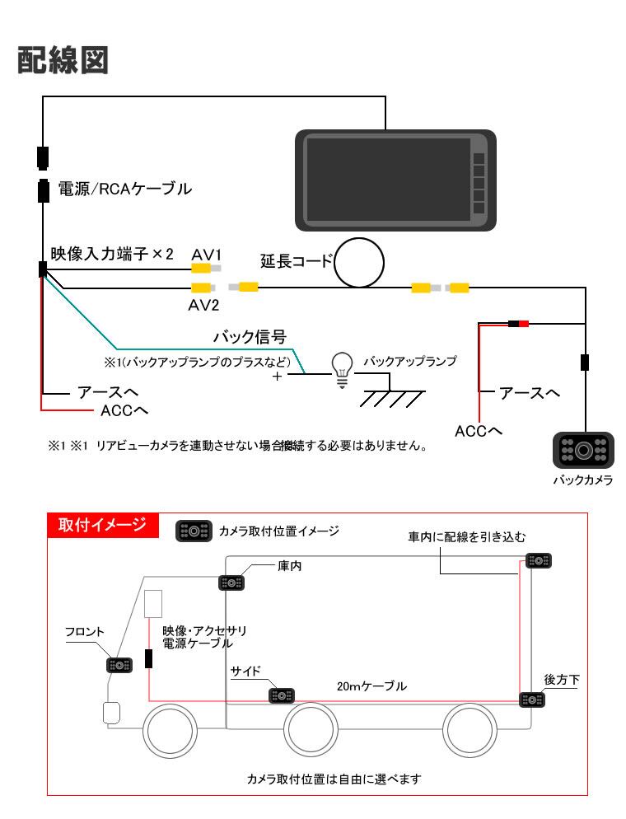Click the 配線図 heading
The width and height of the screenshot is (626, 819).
(x=63, y=60)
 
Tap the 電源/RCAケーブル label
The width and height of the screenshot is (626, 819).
(x=124, y=190)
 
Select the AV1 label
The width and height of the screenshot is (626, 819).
(x=208, y=253)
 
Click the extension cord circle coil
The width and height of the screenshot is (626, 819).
(x=360, y=263)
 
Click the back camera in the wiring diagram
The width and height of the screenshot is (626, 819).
(x=582, y=450)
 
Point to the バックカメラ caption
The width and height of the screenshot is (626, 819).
(x=582, y=480)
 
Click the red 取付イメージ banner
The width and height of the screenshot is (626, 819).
(x=102, y=525)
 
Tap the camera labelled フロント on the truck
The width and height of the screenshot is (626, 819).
(x=120, y=665)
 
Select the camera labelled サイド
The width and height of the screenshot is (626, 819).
(x=283, y=695)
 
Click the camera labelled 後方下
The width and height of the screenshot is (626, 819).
(x=531, y=700)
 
